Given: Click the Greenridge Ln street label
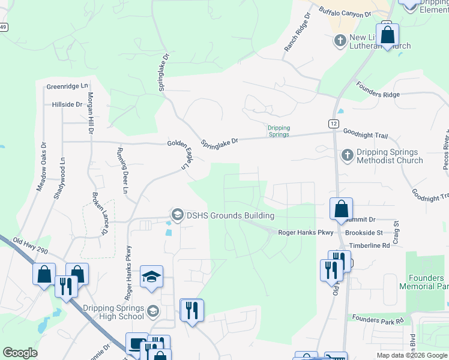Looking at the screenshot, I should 67,87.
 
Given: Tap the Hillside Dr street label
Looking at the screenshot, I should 67,104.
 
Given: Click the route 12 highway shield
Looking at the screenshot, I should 333,122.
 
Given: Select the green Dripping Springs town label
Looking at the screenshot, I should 279,131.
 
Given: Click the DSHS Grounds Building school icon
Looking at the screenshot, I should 177,215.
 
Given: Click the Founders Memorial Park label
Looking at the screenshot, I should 424,282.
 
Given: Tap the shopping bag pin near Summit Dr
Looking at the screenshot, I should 341,209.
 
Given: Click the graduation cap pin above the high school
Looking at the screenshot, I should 152,277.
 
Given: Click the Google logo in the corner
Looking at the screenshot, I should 20,353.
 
